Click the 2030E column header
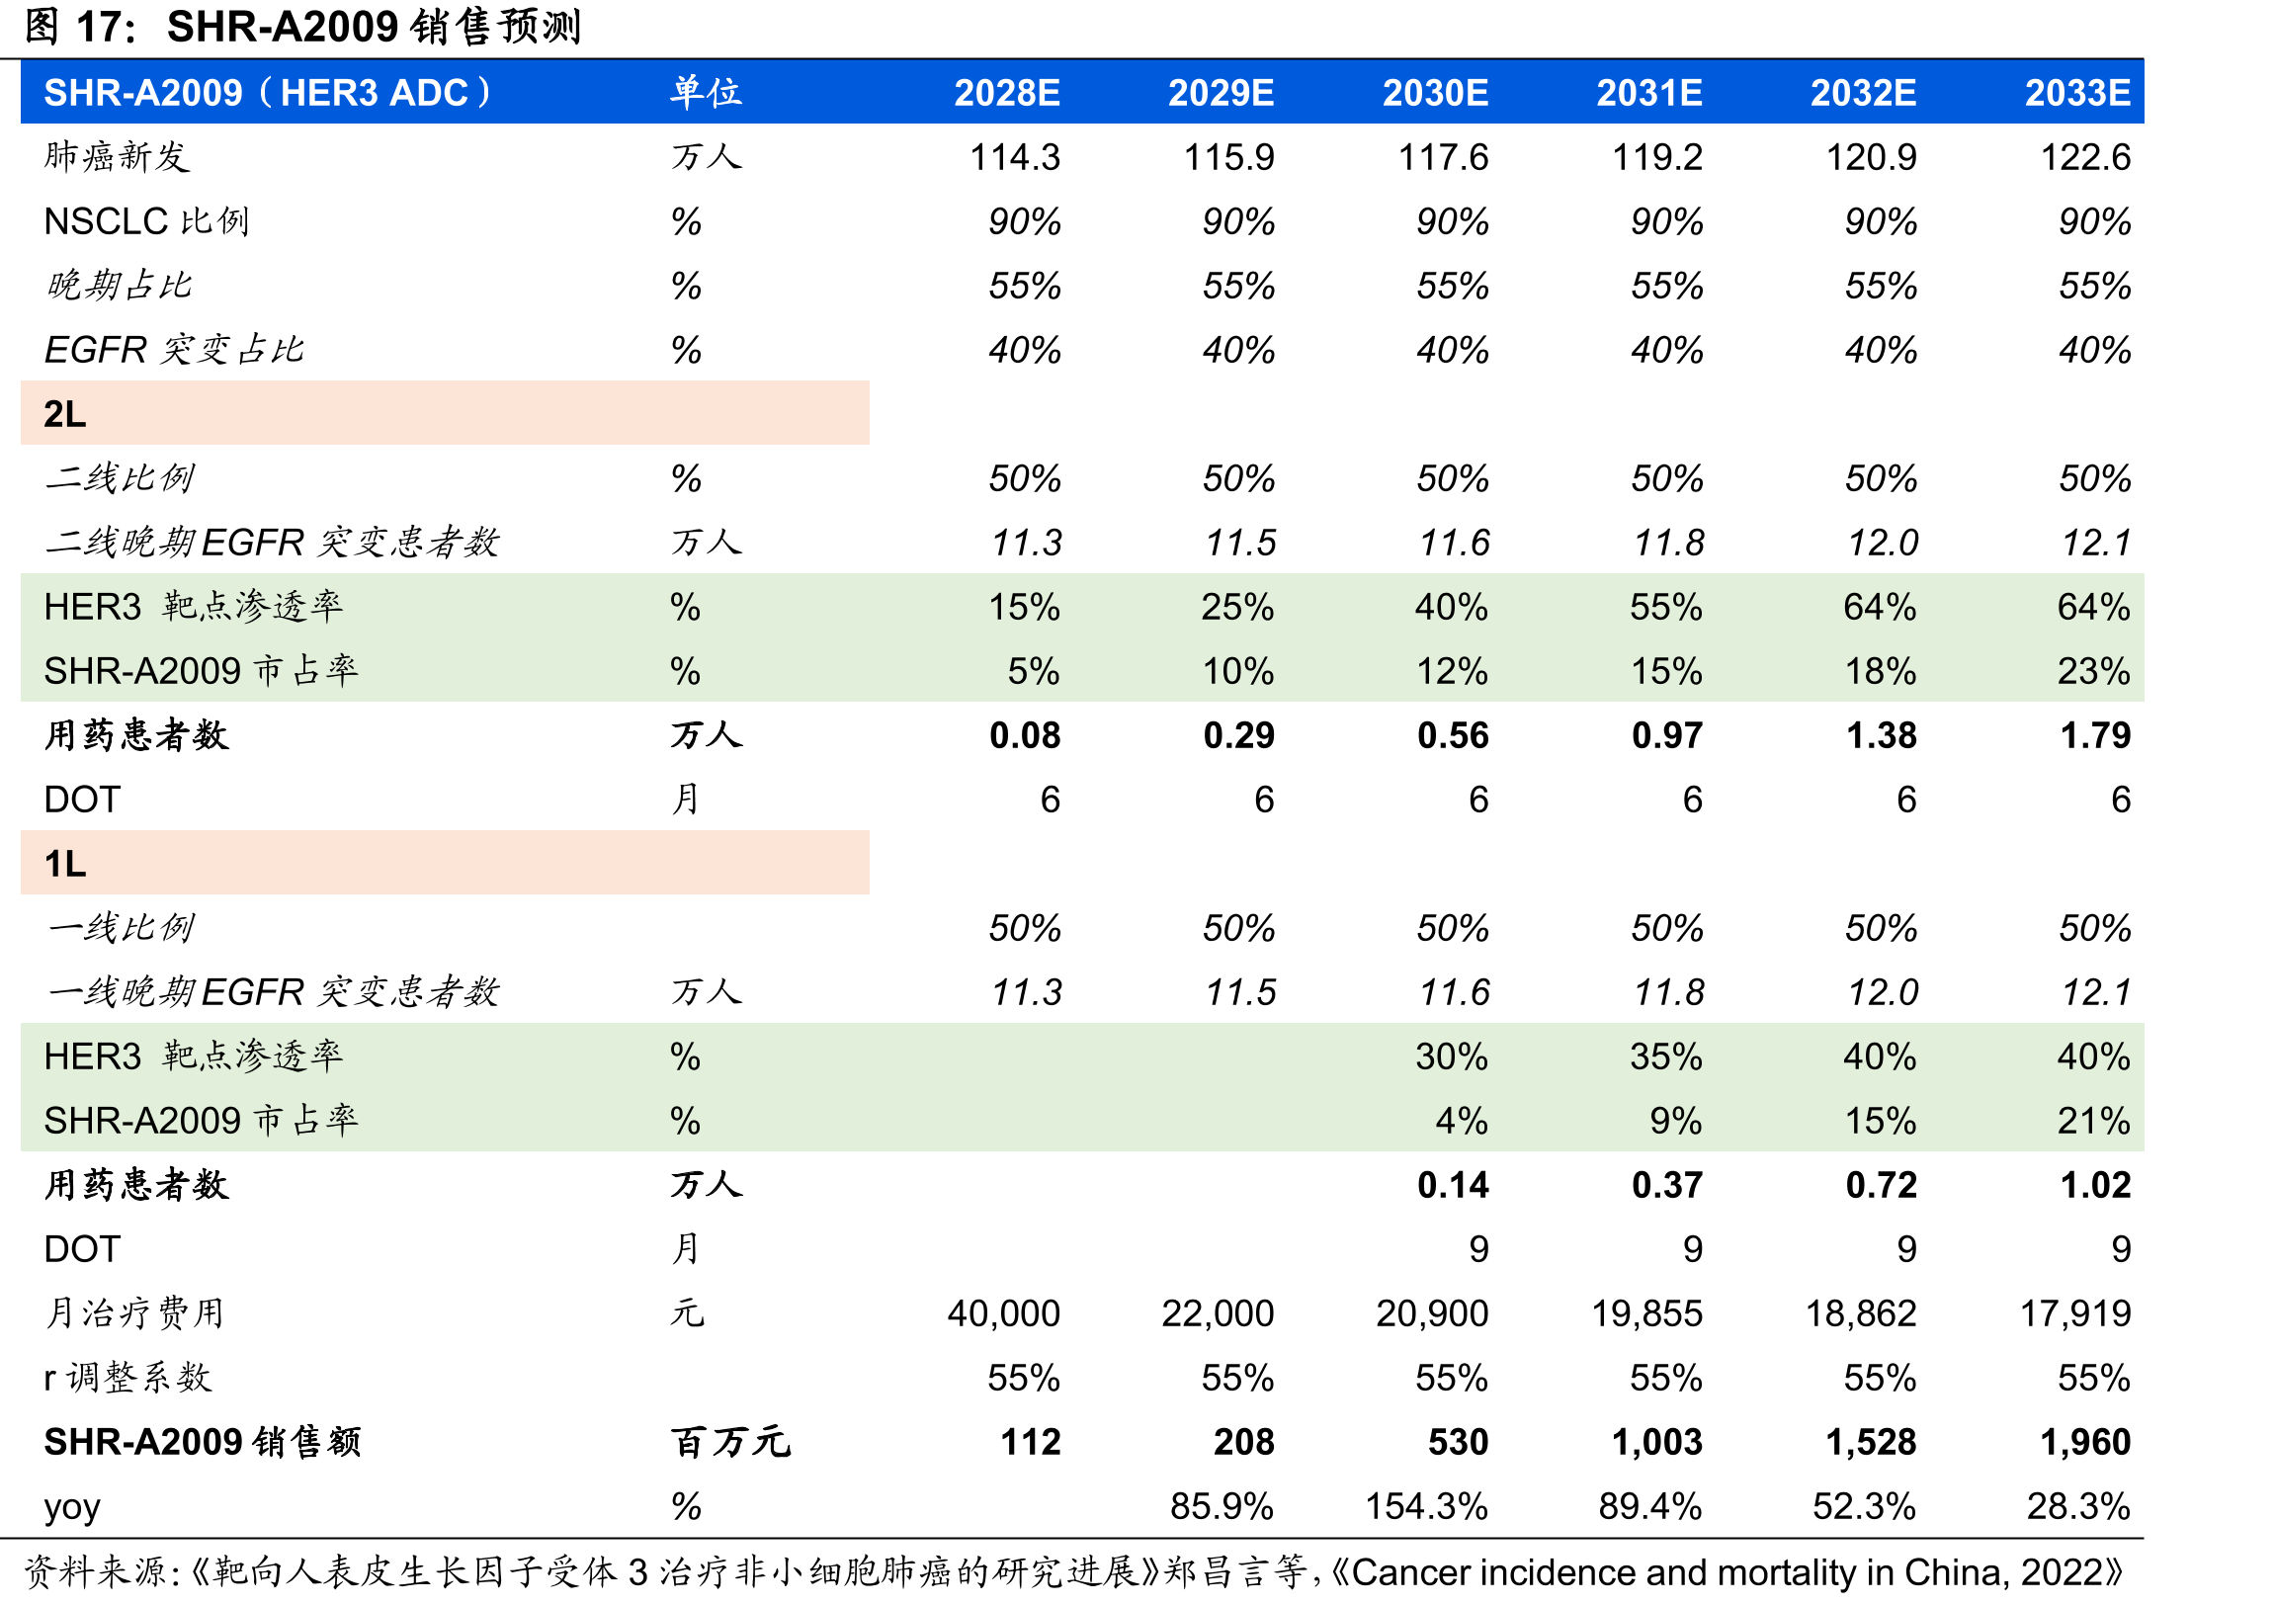point(1435,92)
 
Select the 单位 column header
point(706,92)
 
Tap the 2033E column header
point(2076,92)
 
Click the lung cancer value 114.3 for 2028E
point(1015,156)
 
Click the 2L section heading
point(65,413)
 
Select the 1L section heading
point(65,863)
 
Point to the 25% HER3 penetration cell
point(1237,607)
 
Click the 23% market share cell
point(2094,671)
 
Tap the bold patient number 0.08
point(1025,735)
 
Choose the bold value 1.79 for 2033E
point(2095,735)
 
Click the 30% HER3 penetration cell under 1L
point(1452,1056)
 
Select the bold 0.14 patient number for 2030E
point(1453,1185)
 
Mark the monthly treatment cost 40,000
point(1004,1312)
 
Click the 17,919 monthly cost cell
point(2074,1312)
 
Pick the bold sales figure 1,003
point(1656,1442)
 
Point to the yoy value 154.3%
point(1427,1506)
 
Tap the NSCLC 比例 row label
point(146,221)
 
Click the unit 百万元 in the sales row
point(731,1442)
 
